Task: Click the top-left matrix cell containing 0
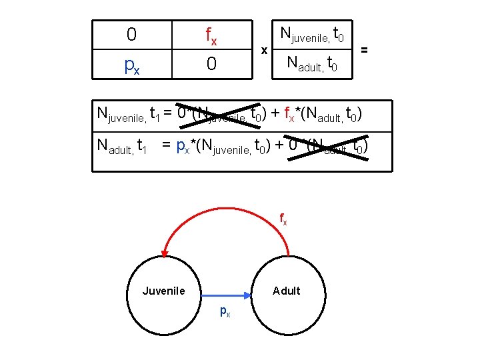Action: click(131, 33)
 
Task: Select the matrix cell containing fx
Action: click(211, 35)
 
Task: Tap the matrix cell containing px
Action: click(131, 65)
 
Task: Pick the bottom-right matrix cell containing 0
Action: click(211, 65)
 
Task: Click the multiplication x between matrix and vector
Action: click(265, 50)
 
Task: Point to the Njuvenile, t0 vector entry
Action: click(312, 33)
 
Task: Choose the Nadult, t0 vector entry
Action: click(312, 65)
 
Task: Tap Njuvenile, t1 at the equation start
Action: click(127, 113)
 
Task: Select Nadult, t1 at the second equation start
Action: click(122, 145)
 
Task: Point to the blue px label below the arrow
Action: click(225, 311)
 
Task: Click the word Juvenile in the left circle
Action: click(163, 291)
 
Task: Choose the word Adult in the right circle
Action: click(287, 291)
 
